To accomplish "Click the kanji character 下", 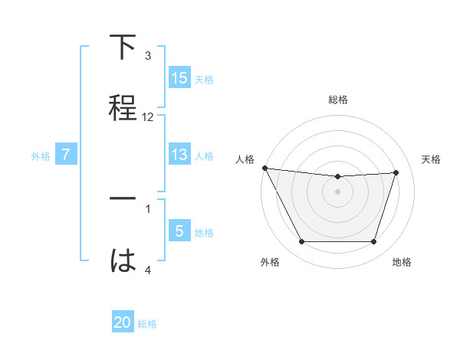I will coord(123,48).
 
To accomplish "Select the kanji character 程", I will coord(123,106).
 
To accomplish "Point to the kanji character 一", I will coord(123,198).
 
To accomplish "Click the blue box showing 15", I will coord(179,77).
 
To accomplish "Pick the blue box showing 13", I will coord(179,155).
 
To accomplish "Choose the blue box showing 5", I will coord(179,231).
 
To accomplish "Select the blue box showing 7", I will coord(66,155).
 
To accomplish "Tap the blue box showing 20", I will coord(123,322).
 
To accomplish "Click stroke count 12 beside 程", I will coord(148,117).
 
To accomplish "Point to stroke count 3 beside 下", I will coord(148,55).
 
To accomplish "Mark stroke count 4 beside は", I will coord(148,270).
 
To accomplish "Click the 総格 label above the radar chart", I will coord(338,100).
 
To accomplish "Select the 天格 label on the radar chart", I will coord(431,159).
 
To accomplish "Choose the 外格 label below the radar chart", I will coord(270,262).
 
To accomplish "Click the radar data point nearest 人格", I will coord(264,168).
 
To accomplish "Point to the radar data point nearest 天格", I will coord(396,172).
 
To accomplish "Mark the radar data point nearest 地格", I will coord(374,242).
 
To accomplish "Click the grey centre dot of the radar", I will coord(338,191).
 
